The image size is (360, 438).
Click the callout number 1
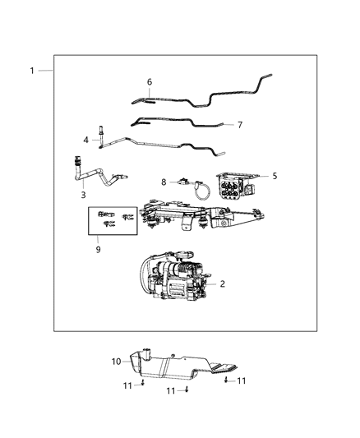point(32,71)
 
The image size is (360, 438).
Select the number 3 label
point(83,195)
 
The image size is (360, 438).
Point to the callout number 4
point(85,141)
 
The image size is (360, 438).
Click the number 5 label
point(275,175)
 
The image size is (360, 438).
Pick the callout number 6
point(150,82)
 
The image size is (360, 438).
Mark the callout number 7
point(239,125)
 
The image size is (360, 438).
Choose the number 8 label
point(164,182)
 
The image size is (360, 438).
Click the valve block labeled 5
point(238,187)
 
